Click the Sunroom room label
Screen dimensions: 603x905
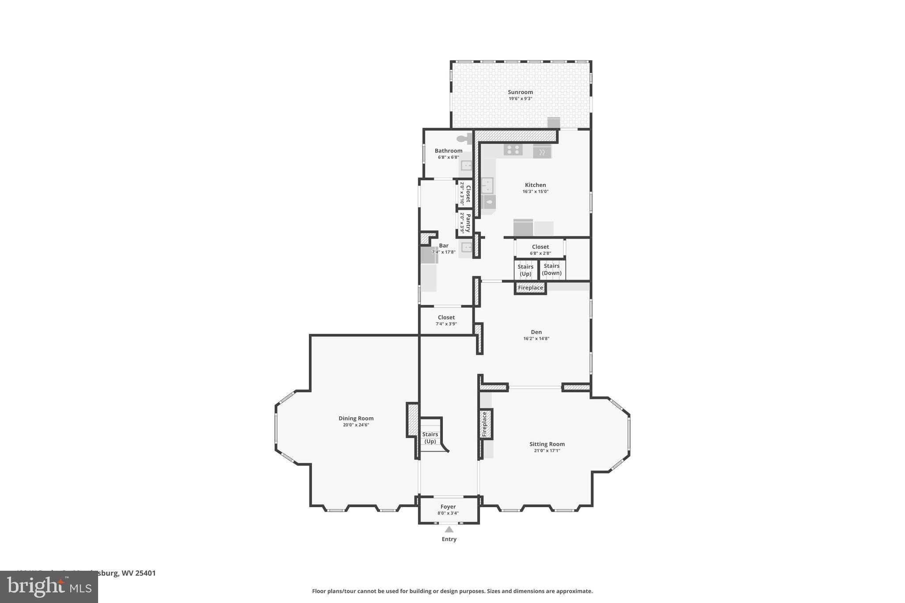pyautogui.click(x=520, y=92)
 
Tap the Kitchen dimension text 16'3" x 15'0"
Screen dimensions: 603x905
pyautogui.click(x=535, y=192)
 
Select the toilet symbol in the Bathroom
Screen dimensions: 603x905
pyautogui.click(x=464, y=139)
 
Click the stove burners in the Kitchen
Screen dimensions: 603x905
pyautogui.click(x=513, y=150)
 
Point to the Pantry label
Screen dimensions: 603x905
pyautogui.click(x=468, y=223)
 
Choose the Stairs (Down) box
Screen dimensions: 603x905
pyautogui.click(x=551, y=269)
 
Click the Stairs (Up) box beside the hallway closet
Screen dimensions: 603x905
pyautogui.click(x=525, y=270)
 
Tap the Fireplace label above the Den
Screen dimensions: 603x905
pyautogui.click(x=530, y=288)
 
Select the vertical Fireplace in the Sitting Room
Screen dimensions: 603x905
pyautogui.click(x=485, y=424)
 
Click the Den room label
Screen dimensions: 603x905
pyautogui.click(x=536, y=332)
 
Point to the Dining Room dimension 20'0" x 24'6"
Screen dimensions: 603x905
pyautogui.click(x=356, y=425)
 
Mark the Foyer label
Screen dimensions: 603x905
pyautogui.click(x=448, y=507)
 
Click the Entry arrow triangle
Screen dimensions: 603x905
pyautogui.click(x=449, y=529)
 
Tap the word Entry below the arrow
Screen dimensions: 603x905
pyautogui.click(x=449, y=539)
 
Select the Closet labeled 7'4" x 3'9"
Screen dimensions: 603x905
pyautogui.click(x=446, y=320)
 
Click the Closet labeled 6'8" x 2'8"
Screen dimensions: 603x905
pyautogui.click(x=540, y=250)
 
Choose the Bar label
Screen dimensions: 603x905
pyautogui.click(x=444, y=246)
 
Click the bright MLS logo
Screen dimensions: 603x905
pyautogui.click(x=49, y=587)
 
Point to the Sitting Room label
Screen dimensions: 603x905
pyautogui.click(x=547, y=444)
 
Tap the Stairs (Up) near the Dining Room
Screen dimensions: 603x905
pyautogui.click(x=430, y=438)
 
